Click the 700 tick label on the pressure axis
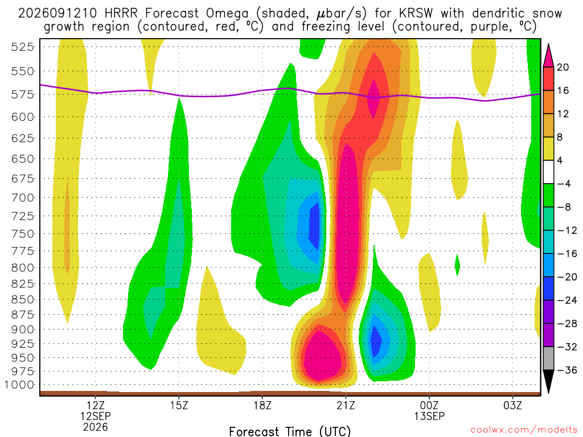[x=22, y=197]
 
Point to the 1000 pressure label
[x=19, y=385]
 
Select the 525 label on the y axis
[x=22, y=47]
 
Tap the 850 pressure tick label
[x=22, y=299]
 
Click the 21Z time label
[x=346, y=405]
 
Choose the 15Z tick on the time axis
[x=179, y=405]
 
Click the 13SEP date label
[x=429, y=416]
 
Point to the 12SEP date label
[x=96, y=416]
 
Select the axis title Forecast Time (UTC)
[x=290, y=431]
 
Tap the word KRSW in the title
[x=416, y=14]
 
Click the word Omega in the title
[x=227, y=14]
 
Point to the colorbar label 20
[x=563, y=67]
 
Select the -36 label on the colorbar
[x=566, y=370]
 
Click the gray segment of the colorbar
[x=548, y=358]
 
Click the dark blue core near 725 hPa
[x=315, y=226]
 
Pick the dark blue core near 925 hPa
[x=376, y=341]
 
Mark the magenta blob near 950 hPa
[x=322, y=356]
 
